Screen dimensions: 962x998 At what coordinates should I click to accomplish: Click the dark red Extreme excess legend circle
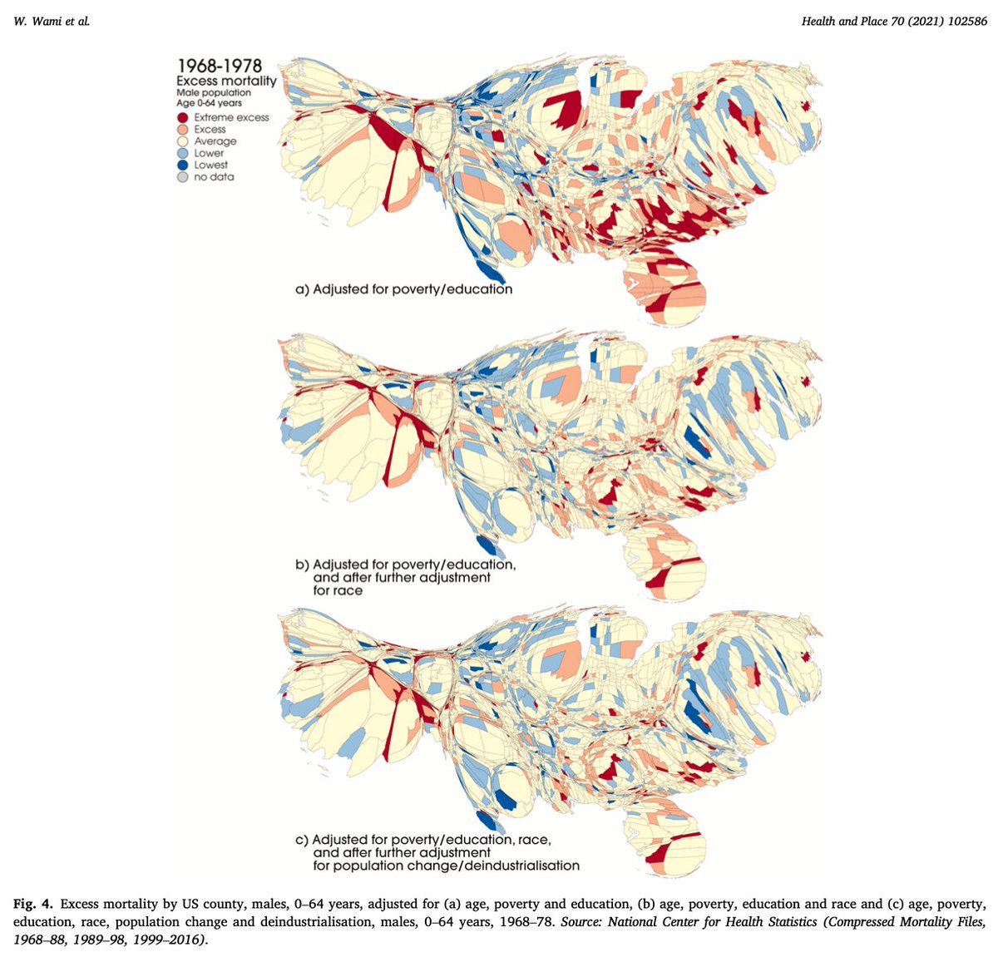pos(183,118)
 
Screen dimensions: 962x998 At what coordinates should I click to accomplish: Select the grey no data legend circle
pos(183,177)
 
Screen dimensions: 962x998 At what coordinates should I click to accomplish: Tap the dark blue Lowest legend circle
pos(183,165)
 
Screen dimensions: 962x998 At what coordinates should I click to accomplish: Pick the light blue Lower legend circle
pos(183,154)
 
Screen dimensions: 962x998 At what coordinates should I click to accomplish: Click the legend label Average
pos(215,142)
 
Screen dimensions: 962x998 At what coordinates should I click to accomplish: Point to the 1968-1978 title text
pos(219,66)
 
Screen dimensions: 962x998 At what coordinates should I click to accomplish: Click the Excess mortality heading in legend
pos(226,81)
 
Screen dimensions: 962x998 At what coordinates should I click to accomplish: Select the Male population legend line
pos(213,93)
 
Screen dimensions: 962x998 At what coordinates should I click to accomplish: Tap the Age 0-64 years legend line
pos(209,103)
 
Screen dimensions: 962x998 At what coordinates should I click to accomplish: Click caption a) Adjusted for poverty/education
pos(404,289)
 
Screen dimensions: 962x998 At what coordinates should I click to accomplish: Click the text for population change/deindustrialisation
pos(446,866)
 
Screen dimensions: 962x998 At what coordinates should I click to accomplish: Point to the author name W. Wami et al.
pos(51,21)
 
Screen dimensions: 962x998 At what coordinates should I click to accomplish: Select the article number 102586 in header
pos(964,21)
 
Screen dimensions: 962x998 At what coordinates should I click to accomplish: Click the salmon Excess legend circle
pos(183,130)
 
